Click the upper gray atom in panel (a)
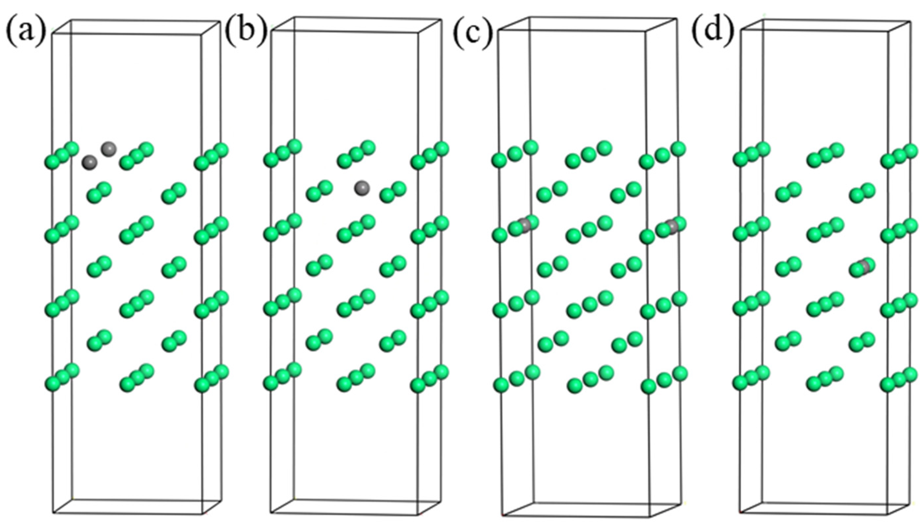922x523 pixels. click(x=108, y=148)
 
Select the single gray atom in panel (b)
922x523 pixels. click(x=362, y=188)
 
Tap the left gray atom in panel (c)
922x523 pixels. click(x=525, y=226)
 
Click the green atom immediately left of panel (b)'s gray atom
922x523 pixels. click(x=325, y=187)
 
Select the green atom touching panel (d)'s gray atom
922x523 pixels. click(x=858, y=270)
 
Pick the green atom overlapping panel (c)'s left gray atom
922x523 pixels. click(x=516, y=229)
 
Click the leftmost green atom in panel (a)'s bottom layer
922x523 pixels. click(x=52, y=384)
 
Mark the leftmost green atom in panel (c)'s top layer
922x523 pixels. click(x=499, y=160)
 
